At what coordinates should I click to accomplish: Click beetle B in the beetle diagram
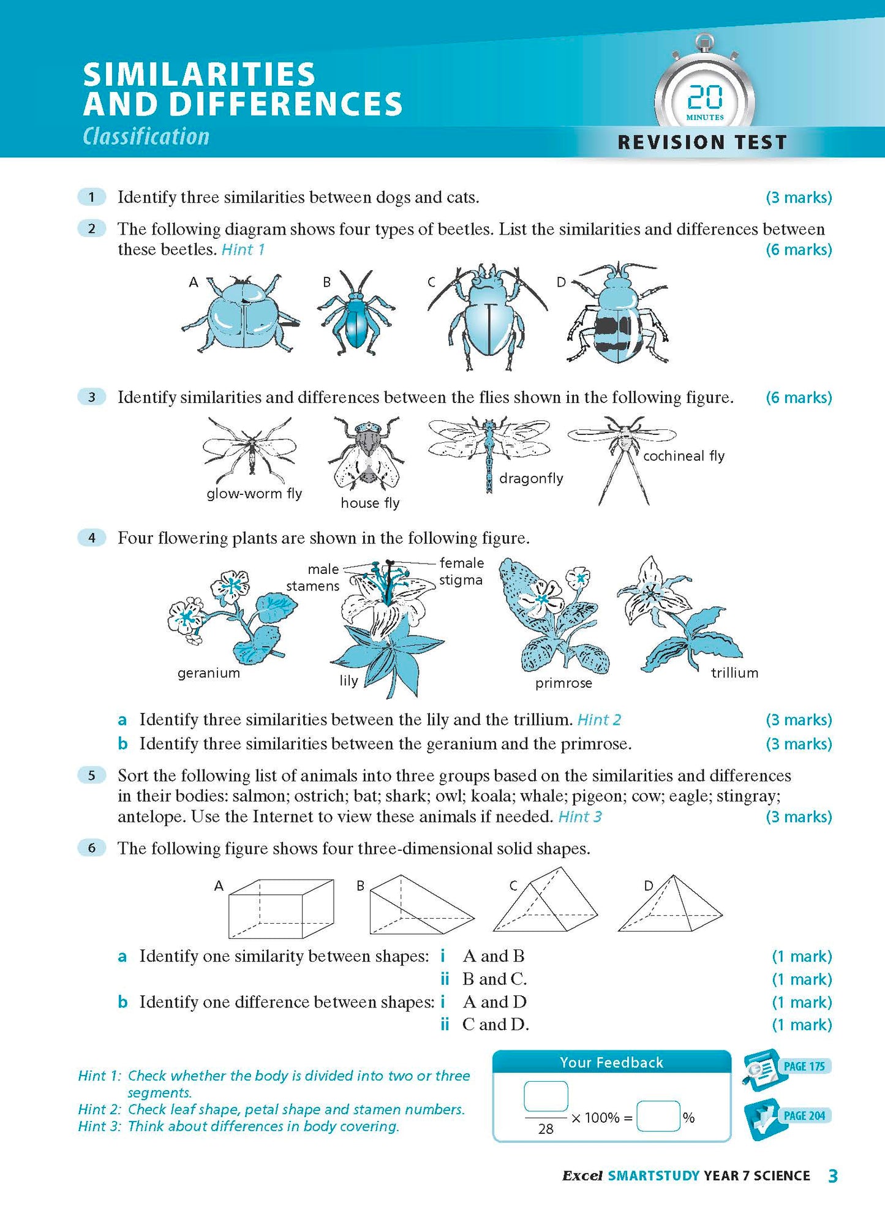[356, 314]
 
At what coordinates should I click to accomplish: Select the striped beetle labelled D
[617, 317]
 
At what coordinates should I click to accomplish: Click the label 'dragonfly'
[531, 478]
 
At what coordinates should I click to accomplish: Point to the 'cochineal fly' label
[684, 456]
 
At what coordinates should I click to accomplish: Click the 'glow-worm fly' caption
[254, 494]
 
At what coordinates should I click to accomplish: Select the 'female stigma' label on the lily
[461, 571]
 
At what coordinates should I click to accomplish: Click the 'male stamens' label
[313, 577]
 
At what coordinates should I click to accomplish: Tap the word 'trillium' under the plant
[734, 673]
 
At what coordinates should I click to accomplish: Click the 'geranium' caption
[209, 673]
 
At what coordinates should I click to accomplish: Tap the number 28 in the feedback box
[546, 1129]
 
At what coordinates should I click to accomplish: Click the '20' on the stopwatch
[704, 97]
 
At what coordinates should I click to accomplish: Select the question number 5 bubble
[92, 775]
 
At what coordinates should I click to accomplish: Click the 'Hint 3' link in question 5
[580, 817]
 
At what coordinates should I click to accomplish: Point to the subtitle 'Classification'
[146, 137]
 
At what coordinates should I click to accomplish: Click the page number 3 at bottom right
[832, 1176]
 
